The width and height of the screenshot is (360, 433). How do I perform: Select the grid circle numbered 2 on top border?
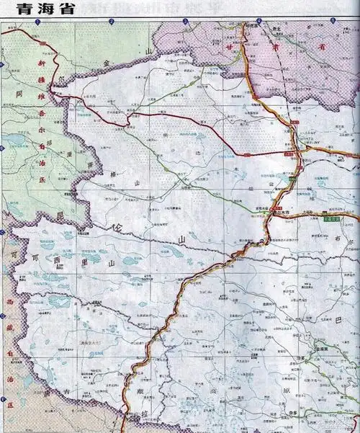tap(112, 22)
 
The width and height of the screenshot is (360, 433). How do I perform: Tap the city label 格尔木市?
tap(279, 213)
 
